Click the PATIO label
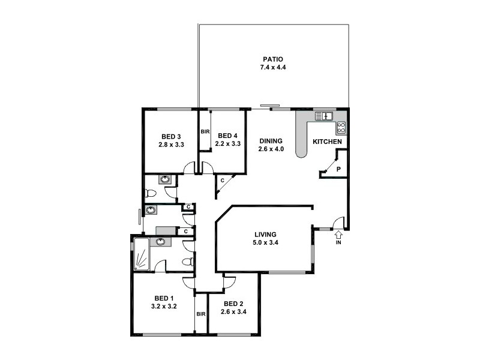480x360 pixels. click(272, 59)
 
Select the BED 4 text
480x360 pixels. click(228, 136)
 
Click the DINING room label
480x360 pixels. click(271, 141)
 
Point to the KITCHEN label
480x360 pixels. click(328, 142)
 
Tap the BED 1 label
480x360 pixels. click(164, 298)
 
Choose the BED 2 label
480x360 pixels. click(233, 304)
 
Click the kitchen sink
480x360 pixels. click(324, 116)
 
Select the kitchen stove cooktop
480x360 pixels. click(341, 127)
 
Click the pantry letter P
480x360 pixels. click(338, 170)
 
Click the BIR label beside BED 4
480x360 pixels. click(205, 132)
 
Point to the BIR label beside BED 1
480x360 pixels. click(201, 314)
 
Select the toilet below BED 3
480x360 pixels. click(151, 193)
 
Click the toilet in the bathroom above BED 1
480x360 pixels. click(188, 262)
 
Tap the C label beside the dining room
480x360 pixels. click(222, 180)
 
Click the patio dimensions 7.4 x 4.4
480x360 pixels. click(272, 67)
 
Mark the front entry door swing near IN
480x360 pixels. click(338, 222)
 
